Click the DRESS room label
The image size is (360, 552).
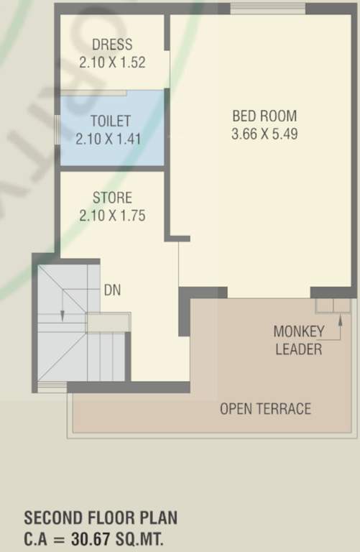[112, 45]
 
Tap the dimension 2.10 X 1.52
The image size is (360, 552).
[112, 62]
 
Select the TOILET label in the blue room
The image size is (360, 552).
[111, 121]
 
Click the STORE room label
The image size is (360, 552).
[112, 198]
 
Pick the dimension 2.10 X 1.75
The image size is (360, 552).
[112, 214]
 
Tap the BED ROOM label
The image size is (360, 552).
[264, 116]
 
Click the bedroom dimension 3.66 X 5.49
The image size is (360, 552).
[264, 133]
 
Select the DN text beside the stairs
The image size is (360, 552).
[112, 290]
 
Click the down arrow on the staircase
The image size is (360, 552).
[63, 313]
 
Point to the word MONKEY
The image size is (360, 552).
[298, 332]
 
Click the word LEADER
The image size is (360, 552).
[298, 350]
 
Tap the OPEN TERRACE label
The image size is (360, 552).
[265, 409]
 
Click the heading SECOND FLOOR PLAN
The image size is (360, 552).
[101, 517]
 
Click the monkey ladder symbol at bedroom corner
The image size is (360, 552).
[333, 305]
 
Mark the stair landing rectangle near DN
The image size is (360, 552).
[108, 322]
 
